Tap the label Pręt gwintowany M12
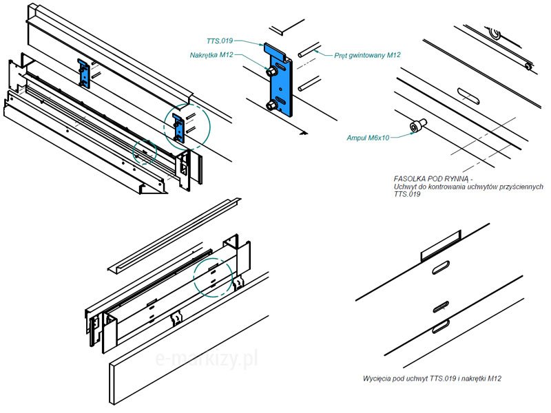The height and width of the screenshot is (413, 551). point(368,55)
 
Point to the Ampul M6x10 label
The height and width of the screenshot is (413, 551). point(368,138)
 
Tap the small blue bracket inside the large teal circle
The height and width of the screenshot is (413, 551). point(181,127)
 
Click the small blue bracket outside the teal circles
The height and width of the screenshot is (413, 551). point(84,72)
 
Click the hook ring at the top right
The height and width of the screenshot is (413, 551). point(494,34)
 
